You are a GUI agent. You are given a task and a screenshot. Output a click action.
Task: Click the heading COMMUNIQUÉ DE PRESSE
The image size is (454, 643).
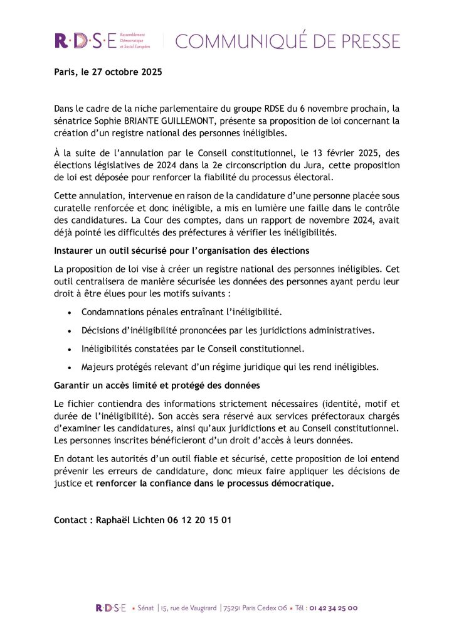pyautogui.click(x=287, y=41)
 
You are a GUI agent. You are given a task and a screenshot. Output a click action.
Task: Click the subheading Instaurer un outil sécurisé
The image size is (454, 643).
pyautogui.click(x=182, y=251)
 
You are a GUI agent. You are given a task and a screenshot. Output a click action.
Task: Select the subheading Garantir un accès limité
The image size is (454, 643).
pyautogui.click(x=157, y=384)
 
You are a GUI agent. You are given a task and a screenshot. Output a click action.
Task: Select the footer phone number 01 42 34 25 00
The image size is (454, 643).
pyautogui.click(x=333, y=608)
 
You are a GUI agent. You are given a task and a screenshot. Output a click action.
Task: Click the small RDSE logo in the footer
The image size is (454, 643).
pyautogui.click(x=110, y=608)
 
